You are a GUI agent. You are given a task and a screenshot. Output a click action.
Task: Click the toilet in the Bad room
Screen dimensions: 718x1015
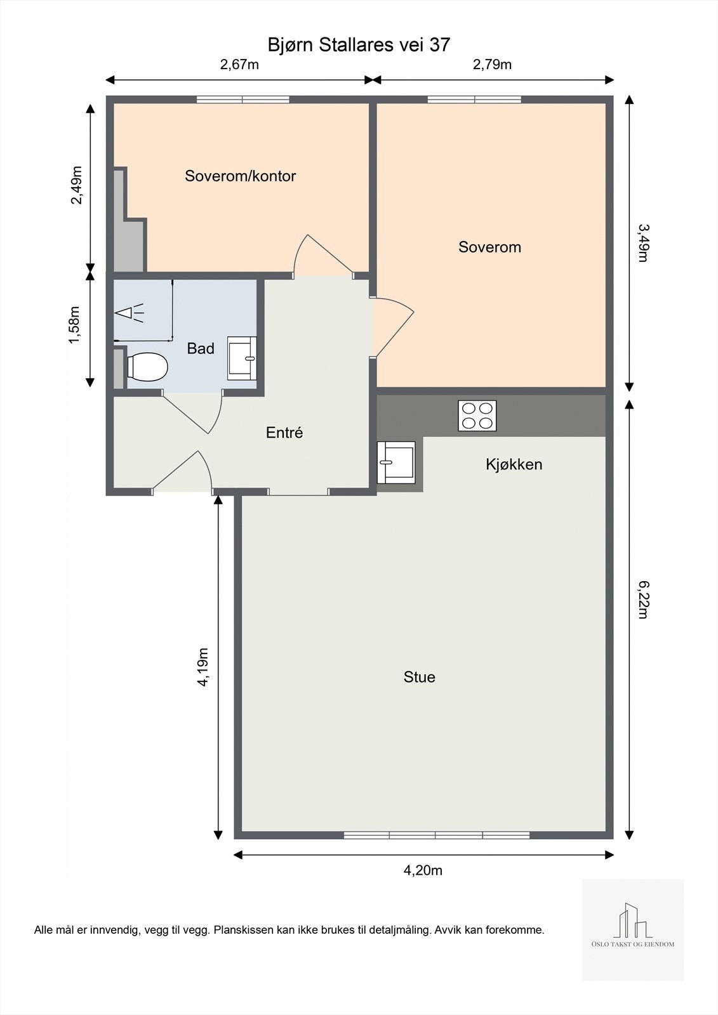pyautogui.click(x=147, y=367)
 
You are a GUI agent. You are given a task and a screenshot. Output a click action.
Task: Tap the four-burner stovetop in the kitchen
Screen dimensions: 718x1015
pyautogui.click(x=477, y=416)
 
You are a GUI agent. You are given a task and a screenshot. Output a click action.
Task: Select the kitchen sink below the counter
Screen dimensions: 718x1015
pyautogui.click(x=396, y=462)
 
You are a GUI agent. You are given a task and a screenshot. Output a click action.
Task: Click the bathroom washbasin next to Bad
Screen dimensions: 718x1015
pyautogui.click(x=242, y=358)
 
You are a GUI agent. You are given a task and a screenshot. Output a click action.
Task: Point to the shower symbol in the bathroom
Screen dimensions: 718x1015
pyautogui.click(x=130, y=313)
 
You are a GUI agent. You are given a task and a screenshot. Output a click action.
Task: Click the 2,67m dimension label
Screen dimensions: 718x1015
pyautogui.click(x=239, y=65)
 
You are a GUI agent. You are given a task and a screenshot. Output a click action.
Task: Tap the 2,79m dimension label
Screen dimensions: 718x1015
pyautogui.click(x=492, y=65)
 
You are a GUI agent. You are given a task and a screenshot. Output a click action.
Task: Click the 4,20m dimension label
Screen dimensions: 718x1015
pyautogui.click(x=423, y=870)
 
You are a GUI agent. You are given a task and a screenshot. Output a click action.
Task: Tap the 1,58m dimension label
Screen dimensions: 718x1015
pyautogui.click(x=74, y=325)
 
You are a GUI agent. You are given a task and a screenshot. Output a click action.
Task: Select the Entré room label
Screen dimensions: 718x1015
pyautogui.click(x=284, y=433)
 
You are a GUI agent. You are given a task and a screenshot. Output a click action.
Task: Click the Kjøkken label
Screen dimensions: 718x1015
pyautogui.click(x=514, y=464)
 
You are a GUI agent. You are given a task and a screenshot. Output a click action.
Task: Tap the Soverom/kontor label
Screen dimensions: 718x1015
pyautogui.click(x=241, y=176)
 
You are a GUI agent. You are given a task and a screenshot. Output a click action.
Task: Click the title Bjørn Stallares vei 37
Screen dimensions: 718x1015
pyautogui.click(x=359, y=44)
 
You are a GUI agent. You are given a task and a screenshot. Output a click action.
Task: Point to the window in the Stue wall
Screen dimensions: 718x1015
pyautogui.click(x=437, y=835)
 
